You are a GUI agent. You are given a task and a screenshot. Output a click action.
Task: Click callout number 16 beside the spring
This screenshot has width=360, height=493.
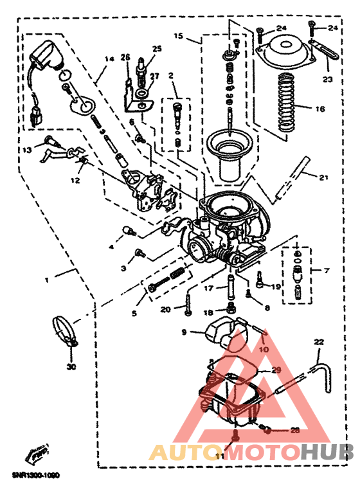tap(319, 109)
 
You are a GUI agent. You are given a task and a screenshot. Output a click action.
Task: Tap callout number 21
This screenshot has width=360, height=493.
tap(323, 177)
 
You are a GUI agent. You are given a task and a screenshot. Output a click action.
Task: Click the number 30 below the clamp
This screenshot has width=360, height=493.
tap(71, 368)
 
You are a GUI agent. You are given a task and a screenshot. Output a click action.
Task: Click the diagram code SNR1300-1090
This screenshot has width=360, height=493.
tap(35, 476)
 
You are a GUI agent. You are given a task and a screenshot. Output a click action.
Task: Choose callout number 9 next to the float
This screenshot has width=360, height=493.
tap(183, 332)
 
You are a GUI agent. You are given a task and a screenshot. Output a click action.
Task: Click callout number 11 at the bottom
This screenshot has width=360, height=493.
tap(220, 456)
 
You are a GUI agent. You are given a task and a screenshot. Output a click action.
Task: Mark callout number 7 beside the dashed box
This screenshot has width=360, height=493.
tap(327, 271)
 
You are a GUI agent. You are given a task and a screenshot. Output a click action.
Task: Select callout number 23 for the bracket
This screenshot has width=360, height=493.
tap(328, 80)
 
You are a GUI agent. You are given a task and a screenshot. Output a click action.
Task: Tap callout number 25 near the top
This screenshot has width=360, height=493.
tap(157, 49)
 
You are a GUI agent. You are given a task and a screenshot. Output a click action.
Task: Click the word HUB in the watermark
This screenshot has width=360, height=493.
tap(328, 453)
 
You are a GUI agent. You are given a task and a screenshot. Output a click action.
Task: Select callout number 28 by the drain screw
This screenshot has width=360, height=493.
tap(294, 431)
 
